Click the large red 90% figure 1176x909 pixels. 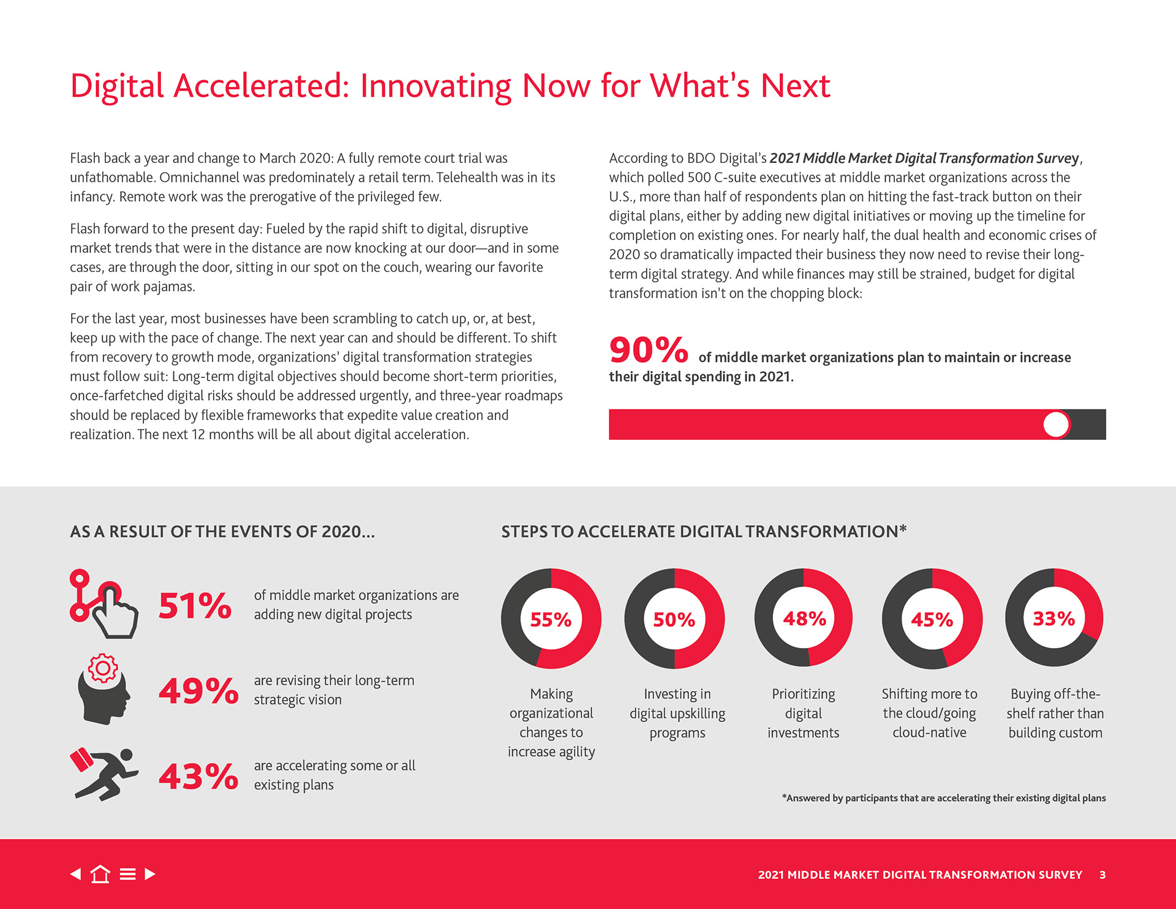click(648, 350)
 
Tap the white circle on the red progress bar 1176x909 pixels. click(1056, 424)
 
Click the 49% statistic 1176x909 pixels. click(198, 690)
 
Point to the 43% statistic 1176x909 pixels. click(198, 776)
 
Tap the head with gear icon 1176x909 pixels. click(104, 689)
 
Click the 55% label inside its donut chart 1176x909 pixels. click(551, 619)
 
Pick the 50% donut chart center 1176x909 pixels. click(674, 619)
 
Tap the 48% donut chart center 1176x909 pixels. click(804, 619)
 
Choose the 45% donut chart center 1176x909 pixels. click(932, 619)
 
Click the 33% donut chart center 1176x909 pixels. click(1054, 619)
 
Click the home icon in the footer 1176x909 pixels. click(100, 874)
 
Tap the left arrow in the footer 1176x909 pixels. click(76, 874)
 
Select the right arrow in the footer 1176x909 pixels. click(150, 874)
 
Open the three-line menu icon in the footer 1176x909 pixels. click(127, 874)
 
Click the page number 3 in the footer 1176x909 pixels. click(1102, 875)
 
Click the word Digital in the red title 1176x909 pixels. click(117, 86)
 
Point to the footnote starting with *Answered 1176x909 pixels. click(943, 798)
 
